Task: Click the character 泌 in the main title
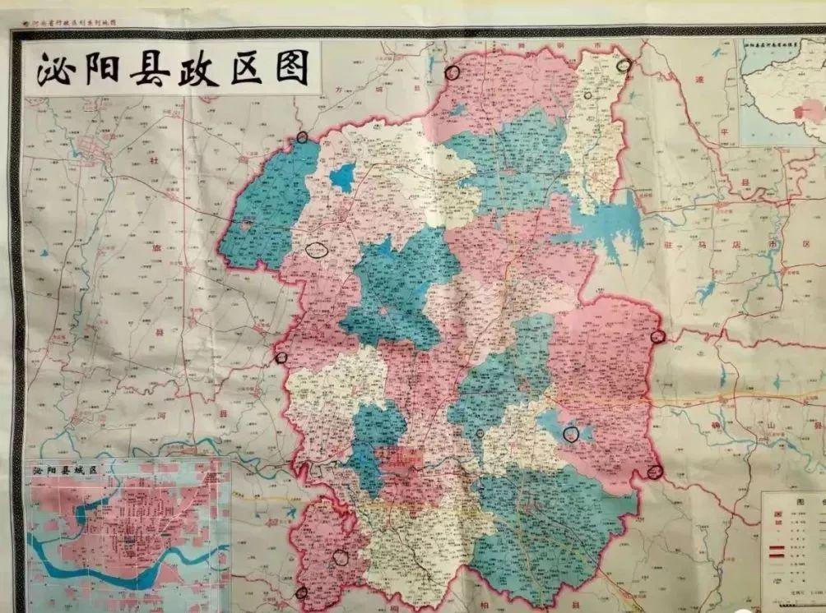(54, 70)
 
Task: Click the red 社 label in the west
(154, 162)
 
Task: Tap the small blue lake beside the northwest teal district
(343, 177)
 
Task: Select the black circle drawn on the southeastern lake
(570, 434)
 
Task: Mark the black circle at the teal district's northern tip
(302, 137)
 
